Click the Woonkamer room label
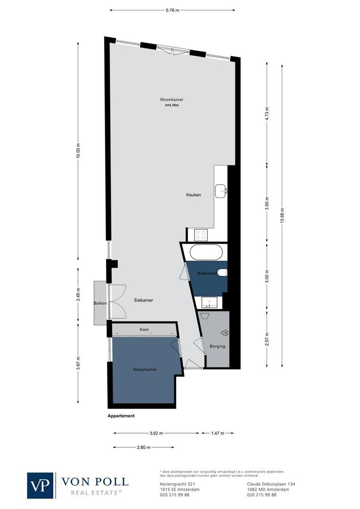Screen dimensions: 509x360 (x=172, y=100)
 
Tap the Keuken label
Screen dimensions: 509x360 (x=193, y=195)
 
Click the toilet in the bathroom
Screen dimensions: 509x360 (x=223, y=273)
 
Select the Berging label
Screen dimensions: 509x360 (x=218, y=346)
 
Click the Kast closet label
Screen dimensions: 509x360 (x=144, y=329)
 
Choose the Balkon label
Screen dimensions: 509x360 (x=100, y=303)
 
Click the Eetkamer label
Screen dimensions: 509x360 (x=143, y=300)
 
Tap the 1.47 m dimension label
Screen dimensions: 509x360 (x=217, y=433)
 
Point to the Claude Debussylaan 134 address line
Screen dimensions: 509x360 (x=271, y=484)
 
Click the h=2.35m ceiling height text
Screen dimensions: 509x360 (x=172, y=106)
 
